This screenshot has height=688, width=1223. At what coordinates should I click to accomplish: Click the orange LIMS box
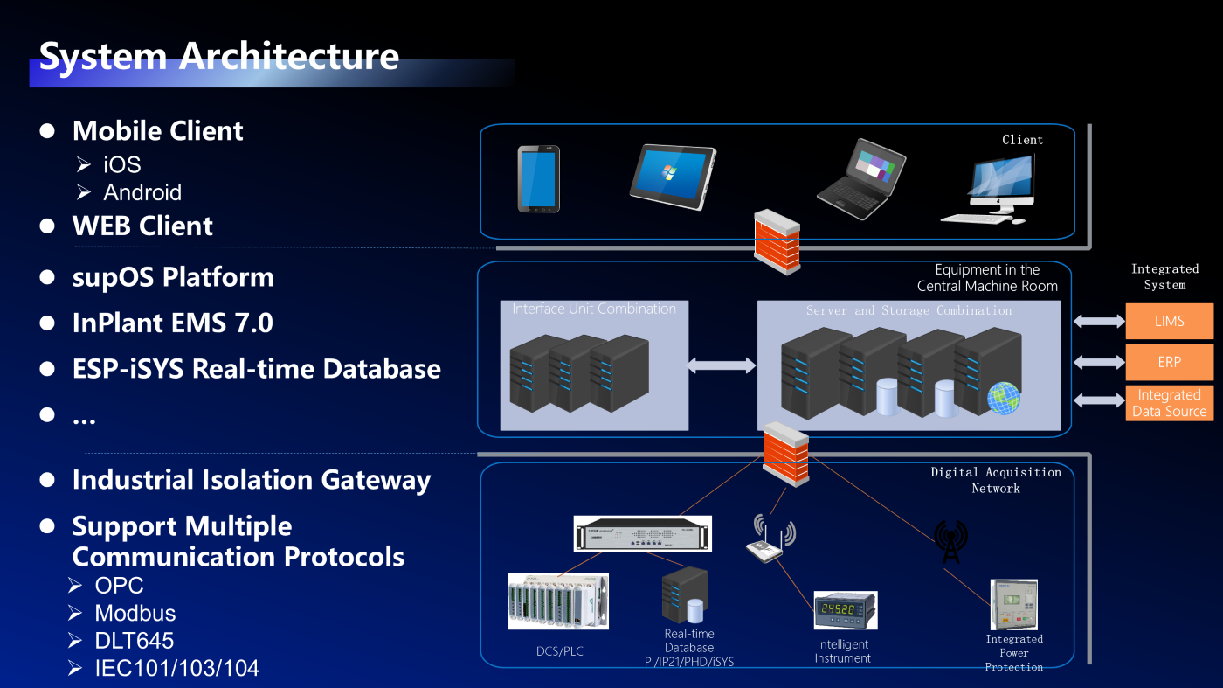1169,321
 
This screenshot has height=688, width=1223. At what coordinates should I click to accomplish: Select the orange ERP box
1169,362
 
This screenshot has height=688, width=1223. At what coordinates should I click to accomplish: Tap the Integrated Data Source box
1169,403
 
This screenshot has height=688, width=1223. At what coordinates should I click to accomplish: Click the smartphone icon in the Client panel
538,178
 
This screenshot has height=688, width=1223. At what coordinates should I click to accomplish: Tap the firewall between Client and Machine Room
777,241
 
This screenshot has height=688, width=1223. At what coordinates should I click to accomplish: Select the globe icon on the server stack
1004,398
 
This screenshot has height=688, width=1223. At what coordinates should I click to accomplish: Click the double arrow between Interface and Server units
722,365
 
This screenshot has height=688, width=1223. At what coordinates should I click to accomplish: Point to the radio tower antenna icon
950,542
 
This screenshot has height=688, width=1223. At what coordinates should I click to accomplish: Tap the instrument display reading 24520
845,610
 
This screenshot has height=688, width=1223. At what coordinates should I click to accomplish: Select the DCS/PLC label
560,651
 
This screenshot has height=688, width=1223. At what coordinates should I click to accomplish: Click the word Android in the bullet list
142,192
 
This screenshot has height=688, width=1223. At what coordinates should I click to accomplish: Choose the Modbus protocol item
135,613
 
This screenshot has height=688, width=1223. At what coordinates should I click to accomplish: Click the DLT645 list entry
135,641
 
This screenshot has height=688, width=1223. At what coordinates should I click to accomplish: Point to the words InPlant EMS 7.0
172,323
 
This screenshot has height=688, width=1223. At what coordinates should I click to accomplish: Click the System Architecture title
219,56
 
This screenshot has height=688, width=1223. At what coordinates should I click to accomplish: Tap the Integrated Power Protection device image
1013,604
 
